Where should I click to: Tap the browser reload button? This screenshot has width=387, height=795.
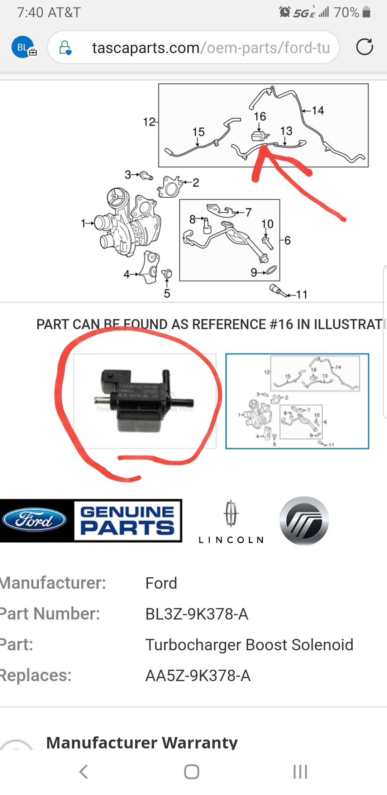coord(364,47)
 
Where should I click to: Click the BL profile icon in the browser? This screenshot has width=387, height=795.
coord(23,47)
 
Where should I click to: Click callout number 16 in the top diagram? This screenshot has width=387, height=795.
coord(260,116)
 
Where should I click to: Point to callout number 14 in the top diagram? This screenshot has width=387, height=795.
coord(317,110)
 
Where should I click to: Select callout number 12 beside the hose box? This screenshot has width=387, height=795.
coord(149,122)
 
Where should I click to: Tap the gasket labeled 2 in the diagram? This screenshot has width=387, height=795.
coord(169,186)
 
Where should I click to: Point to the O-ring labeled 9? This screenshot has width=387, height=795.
coord(271,269)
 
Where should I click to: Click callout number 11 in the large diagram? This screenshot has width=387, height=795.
coord(302,294)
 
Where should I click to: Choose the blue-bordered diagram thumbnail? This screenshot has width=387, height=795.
coord(297,401)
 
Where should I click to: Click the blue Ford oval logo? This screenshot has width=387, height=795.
coord(34,520)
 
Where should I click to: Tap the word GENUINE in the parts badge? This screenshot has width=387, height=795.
coord(127,512)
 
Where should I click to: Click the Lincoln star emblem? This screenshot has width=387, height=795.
coord(231,513)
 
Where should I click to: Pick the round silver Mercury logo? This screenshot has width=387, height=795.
coord(304,521)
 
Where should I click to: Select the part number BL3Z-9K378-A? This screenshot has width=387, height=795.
coord(197,614)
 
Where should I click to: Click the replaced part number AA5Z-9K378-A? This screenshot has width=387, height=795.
coord(198,675)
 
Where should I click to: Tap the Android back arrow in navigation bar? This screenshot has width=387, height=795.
coord(83,771)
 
